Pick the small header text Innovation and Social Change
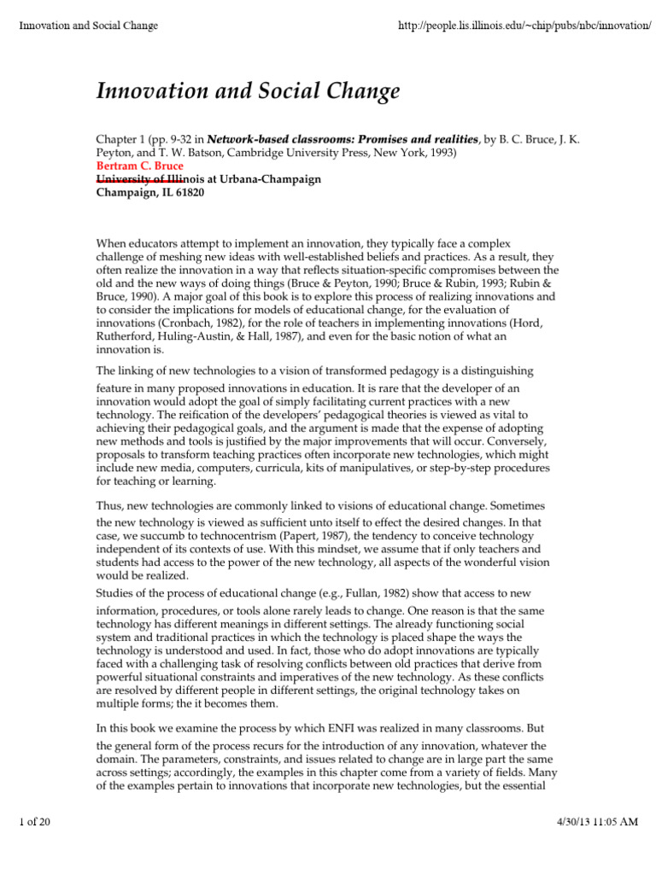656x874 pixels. pos(89,26)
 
